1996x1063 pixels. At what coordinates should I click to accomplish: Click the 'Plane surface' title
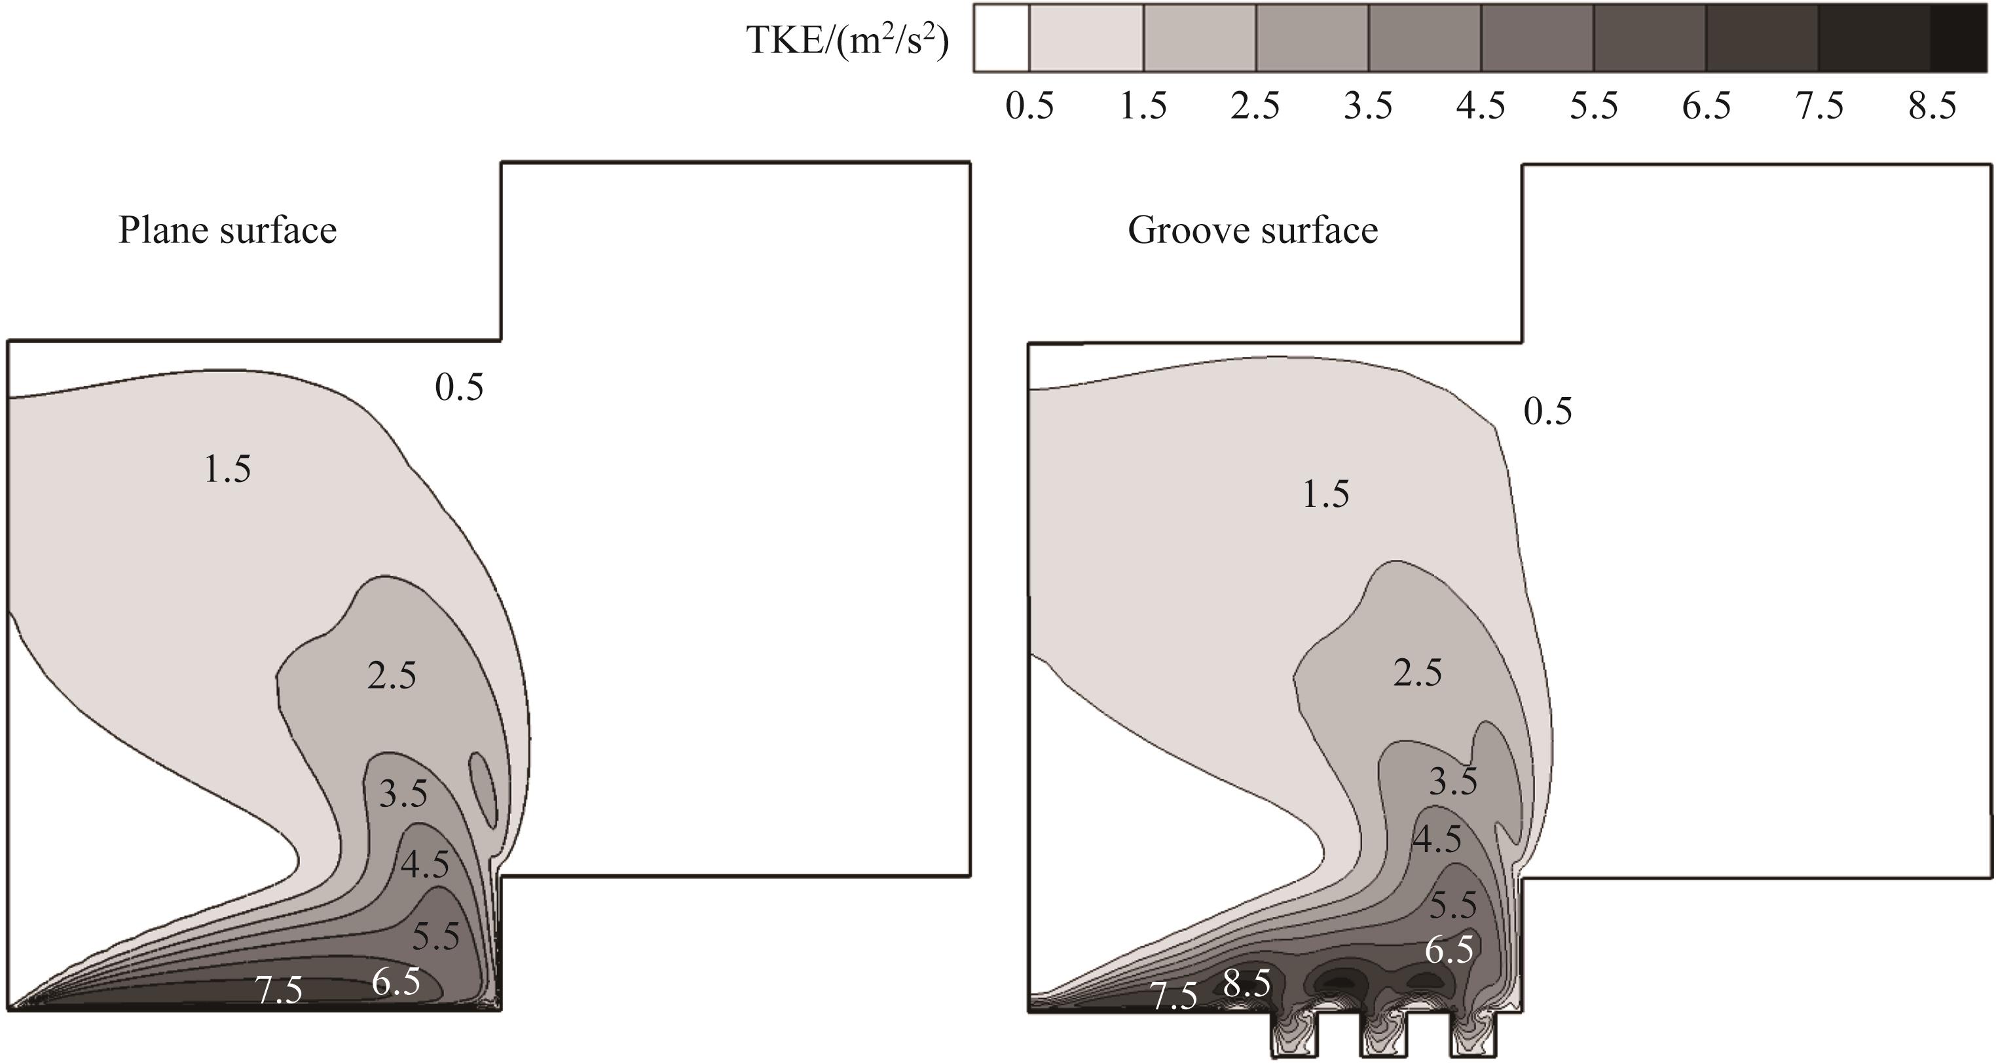[x=227, y=230]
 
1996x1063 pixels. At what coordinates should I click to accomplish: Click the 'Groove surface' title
[x=1253, y=230]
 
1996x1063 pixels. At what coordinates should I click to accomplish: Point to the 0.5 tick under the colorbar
[x=1030, y=105]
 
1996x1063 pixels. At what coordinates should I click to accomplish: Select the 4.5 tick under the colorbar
[x=1481, y=105]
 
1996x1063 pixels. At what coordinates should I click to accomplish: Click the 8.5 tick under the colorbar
[x=1932, y=105]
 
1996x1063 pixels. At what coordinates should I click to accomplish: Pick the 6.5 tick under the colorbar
[x=1706, y=105]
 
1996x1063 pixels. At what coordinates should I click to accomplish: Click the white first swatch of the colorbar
[x=1001, y=38]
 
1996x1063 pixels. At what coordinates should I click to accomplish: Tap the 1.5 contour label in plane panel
[x=227, y=470]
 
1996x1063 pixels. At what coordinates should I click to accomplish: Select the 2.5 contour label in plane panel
[x=392, y=676]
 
